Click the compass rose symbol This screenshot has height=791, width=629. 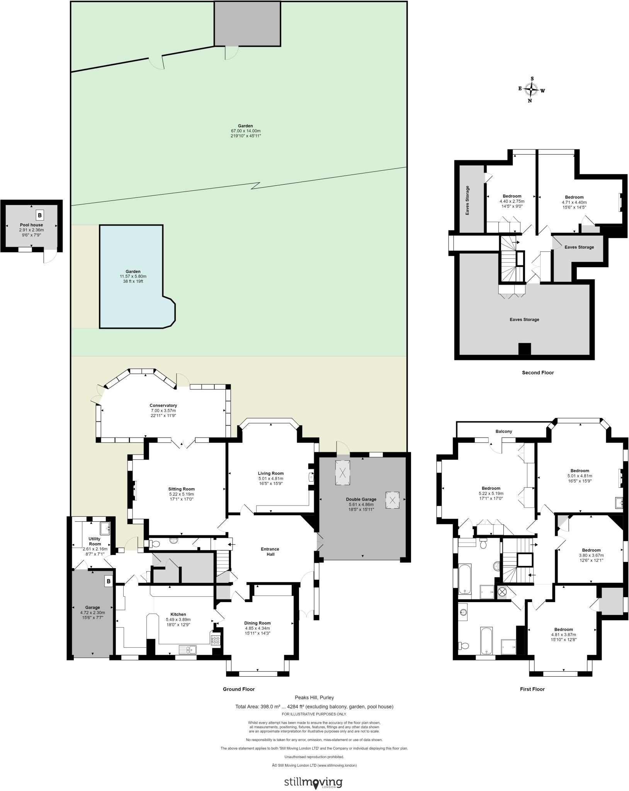(x=532, y=90)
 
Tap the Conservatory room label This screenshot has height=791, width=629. (x=163, y=405)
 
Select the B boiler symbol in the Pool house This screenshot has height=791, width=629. (x=39, y=215)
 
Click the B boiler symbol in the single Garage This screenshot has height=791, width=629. (x=109, y=581)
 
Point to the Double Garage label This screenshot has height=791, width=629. (x=361, y=499)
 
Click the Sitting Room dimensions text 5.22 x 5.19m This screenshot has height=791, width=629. (x=181, y=494)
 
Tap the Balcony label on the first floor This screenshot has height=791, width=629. (x=503, y=431)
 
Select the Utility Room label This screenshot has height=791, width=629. (x=95, y=541)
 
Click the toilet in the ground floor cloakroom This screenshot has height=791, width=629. (x=155, y=544)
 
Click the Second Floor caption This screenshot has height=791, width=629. (x=537, y=373)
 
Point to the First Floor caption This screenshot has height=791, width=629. (x=532, y=689)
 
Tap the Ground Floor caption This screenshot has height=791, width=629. (x=239, y=689)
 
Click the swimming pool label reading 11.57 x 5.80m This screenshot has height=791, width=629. (x=133, y=276)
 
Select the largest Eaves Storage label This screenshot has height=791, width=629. (x=524, y=319)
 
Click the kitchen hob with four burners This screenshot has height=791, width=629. (x=216, y=640)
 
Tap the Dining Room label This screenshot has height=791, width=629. (x=257, y=623)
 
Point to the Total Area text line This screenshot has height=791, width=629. (x=314, y=706)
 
